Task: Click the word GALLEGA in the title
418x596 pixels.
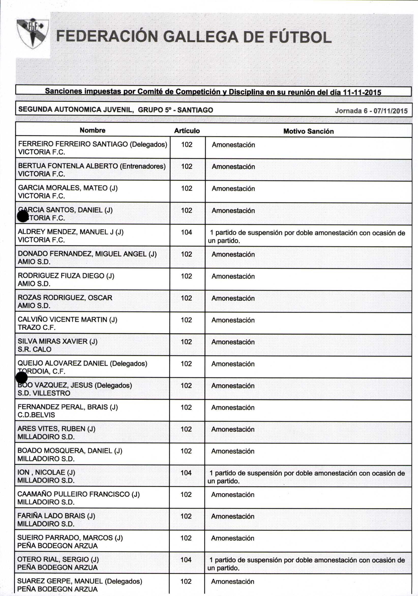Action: click(x=201, y=37)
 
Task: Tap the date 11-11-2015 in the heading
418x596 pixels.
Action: click(x=362, y=92)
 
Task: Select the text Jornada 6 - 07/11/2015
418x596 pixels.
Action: click(x=371, y=111)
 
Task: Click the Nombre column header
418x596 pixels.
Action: click(x=93, y=130)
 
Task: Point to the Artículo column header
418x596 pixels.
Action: click(x=187, y=131)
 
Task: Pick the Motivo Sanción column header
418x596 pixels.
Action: click(x=308, y=131)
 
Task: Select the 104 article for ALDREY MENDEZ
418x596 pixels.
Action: click(x=187, y=232)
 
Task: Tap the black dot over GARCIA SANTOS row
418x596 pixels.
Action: click(x=23, y=216)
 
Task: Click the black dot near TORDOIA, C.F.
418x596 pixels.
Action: click(x=22, y=377)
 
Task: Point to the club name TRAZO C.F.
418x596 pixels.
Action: click(x=37, y=327)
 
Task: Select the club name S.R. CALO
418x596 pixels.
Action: click(x=35, y=349)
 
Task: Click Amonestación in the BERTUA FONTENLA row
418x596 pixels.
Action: click(x=233, y=167)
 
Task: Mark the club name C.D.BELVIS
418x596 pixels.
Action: click(x=36, y=415)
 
